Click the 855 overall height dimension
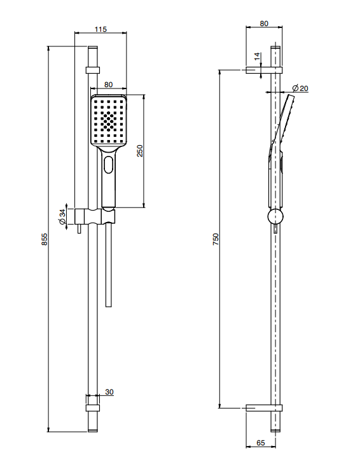point(45,239)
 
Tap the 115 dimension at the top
point(100,29)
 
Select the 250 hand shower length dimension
point(140,151)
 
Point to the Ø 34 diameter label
point(62,216)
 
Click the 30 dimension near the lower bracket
point(109,392)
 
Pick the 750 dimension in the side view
point(216,239)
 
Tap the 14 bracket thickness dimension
point(257,56)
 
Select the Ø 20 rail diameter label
point(300,88)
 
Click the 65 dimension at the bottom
point(261,443)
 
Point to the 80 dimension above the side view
point(264,24)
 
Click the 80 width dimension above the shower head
point(108,85)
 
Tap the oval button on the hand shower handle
point(108,165)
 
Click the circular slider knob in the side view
point(275,216)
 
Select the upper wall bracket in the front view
point(93,70)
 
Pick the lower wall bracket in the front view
point(92,408)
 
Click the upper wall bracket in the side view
point(264,70)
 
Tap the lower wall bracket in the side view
point(264,408)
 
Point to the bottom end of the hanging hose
point(109,307)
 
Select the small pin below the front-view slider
point(80,229)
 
